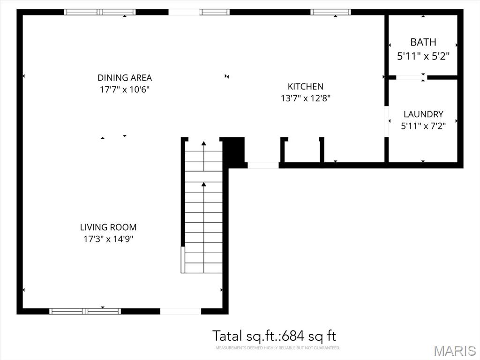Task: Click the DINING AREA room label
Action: [x=125, y=78]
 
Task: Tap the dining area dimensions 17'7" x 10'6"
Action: [x=125, y=90]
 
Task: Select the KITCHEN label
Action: [x=306, y=86]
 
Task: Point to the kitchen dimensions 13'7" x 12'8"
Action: [x=306, y=98]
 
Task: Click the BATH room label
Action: [x=423, y=42]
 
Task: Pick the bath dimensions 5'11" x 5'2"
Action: [x=423, y=56]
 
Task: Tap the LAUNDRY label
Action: [x=423, y=114]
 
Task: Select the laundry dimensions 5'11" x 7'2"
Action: [x=423, y=126]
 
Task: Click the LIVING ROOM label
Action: [x=108, y=227]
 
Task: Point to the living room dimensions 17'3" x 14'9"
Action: [x=108, y=239]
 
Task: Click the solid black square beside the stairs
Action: [x=234, y=150]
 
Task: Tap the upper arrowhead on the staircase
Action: [x=204, y=143]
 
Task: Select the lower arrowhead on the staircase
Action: [x=204, y=184]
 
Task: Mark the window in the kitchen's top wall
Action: [x=330, y=12]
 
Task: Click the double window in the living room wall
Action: [x=85, y=311]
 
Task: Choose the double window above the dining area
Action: [x=100, y=12]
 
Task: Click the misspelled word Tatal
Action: [x=227, y=336]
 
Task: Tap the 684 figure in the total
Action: [x=293, y=336]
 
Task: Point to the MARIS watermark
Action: [x=455, y=351]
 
